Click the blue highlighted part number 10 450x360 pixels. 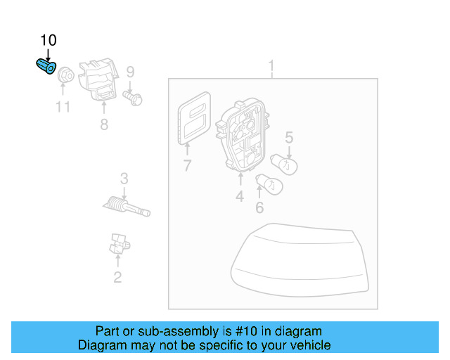click(x=46, y=66)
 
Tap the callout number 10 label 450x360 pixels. click(x=49, y=40)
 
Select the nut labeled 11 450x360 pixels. click(x=65, y=75)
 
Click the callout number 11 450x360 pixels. click(x=63, y=107)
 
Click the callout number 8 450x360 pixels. click(x=104, y=124)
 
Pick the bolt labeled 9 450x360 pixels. click(x=133, y=98)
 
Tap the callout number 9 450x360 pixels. click(x=130, y=72)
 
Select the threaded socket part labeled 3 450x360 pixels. click(x=127, y=207)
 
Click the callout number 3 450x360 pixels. click(x=124, y=179)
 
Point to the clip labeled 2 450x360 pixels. click(x=120, y=244)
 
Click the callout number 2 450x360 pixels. click(x=117, y=277)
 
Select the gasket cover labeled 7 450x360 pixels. click(x=194, y=117)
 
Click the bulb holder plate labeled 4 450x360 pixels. click(x=243, y=135)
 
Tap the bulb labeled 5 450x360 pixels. click(x=284, y=165)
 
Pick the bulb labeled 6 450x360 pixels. click(x=269, y=184)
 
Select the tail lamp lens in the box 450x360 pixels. click(x=300, y=260)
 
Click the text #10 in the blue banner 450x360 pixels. click(x=246, y=331)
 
